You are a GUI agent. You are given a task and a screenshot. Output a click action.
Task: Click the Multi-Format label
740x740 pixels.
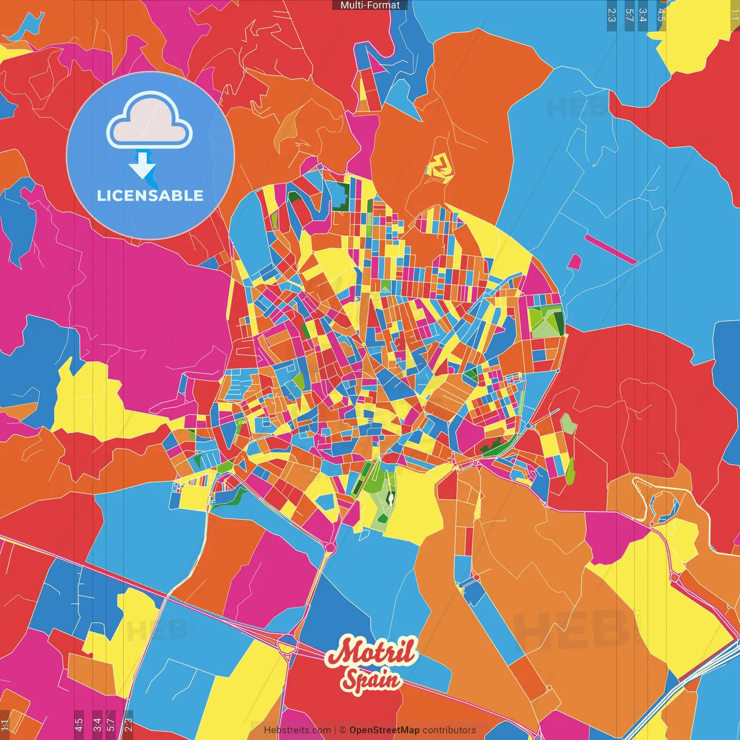click(x=370, y=5)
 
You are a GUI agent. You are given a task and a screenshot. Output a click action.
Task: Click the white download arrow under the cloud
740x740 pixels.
click(x=142, y=166)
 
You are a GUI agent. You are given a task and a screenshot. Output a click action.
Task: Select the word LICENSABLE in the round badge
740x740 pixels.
click(x=150, y=195)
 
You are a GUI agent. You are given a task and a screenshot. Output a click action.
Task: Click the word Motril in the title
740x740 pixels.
click(x=371, y=652)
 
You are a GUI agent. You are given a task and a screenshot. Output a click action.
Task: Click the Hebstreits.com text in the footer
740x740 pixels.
click(x=297, y=730)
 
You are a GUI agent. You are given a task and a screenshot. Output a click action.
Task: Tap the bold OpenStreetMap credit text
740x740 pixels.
click(x=384, y=730)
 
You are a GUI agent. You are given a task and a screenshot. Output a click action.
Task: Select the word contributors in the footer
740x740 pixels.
click(x=449, y=730)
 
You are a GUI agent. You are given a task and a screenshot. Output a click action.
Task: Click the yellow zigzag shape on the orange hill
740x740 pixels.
click(x=439, y=168)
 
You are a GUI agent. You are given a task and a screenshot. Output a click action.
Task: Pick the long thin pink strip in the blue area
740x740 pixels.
click(x=610, y=249)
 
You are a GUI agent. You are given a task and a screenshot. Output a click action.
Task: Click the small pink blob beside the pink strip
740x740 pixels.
click(x=574, y=262)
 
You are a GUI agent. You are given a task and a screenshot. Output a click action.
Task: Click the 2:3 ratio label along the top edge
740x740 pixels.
click(x=612, y=15)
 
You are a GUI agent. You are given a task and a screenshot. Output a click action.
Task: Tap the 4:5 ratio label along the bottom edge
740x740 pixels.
click(x=79, y=723)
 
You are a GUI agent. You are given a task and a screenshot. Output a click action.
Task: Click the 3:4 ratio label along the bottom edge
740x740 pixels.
click(x=97, y=723)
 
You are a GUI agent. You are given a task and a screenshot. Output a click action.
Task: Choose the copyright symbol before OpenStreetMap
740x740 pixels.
click(x=343, y=730)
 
